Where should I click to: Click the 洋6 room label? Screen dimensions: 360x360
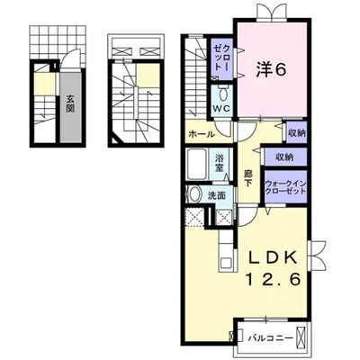pyautogui.click(x=271, y=70)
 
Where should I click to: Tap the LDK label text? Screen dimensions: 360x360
pyautogui.click(x=274, y=257)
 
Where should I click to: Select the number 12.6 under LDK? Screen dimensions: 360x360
pyautogui.click(x=274, y=280)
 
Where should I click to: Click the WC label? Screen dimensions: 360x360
pyautogui.click(x=221, y=109)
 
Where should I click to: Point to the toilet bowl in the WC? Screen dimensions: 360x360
pyautogui.click(x=223, y=94)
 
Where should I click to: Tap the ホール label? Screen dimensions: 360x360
pyautogui.click(x=202, y=134)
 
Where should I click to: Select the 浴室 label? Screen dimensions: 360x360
pyautogui.click(x=220, y=163)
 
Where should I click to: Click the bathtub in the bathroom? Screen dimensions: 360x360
pyautogui.click(x=196, y=164)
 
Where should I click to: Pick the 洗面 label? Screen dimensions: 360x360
pyautogui.click(x=217, y=196)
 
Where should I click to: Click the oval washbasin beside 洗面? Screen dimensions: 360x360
pyautogui.click(x=195, y=194)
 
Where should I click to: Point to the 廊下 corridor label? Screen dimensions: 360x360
pyautogui.click(x=247, y=178)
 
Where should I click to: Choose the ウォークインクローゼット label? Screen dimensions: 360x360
pyautogui.click(x=285, y=187)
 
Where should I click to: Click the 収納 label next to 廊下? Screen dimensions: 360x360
pyautogui.click(x=284, y=157)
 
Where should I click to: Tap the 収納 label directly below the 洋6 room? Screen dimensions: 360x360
pyautogui.click(x=297, y=132)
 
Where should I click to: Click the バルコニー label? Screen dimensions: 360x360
pyautogui.click(x=271, y=338)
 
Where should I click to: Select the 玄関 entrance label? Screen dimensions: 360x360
pyautogui.click(x=70, y=103)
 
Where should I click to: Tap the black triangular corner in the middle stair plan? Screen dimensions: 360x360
pyautogui.click(x=117, y=140)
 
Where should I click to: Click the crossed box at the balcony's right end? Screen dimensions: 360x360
pyautogui.click(x=300, y=338)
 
